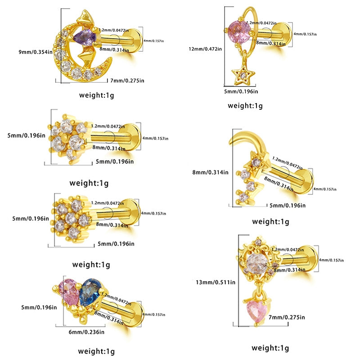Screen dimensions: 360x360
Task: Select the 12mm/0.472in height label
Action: coord(205,49)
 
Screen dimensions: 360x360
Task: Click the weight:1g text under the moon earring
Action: coord(98,95)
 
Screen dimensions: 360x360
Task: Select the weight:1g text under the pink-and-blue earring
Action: coord(97,351)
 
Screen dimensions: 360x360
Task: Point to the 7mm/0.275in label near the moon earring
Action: coord(127,81)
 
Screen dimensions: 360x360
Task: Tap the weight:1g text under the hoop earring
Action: coord(245,106)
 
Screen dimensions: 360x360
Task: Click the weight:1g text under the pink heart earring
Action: coord(270,347)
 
